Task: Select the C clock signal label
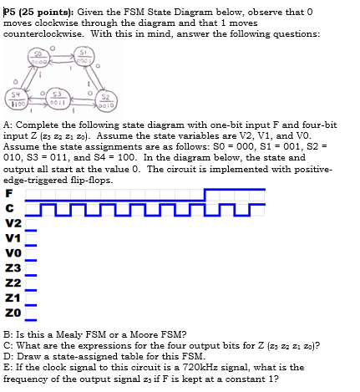(9, 206)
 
